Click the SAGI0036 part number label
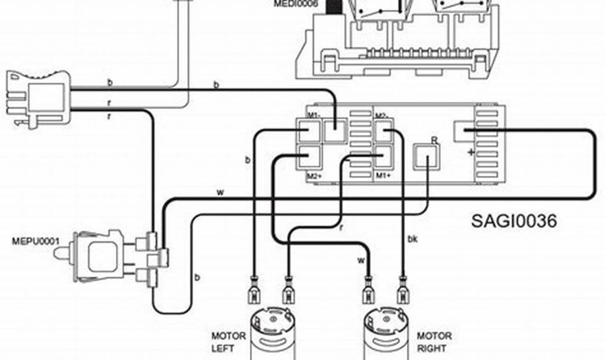pyautogui.click(x=514, y=221)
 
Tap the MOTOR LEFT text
pyautogui.click(x=229, y=342)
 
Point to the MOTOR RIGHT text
pyautogui.click(x=434, y=342)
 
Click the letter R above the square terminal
pyautogui.click(x=434, y=140)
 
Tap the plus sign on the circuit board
pyautogui.click(x=471, y=153)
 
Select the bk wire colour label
pyautogui.click(x=412, y=239)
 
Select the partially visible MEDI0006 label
pyautogui.click(x=295, y=4)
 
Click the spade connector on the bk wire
pyautogui.click(x=404, y=289)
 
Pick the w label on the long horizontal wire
pyautogui.click(x=220, y=193)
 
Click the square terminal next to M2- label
pyautogui.click(x=383, y=132)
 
